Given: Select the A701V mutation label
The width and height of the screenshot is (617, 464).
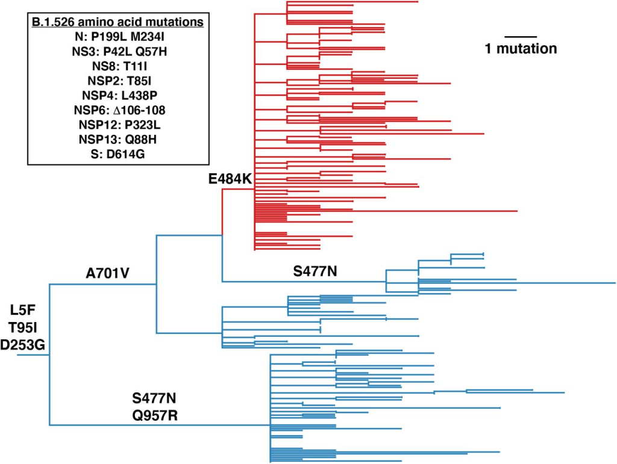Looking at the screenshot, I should click(x=108, y=274).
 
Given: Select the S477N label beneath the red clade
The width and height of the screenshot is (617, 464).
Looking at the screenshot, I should click(x=315, y=271).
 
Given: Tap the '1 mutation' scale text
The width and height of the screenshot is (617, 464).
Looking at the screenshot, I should click(x=521, y=49).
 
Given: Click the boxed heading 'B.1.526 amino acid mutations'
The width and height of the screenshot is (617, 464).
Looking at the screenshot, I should click(x=117, y=23).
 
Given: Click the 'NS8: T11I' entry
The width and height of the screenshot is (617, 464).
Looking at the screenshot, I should click(x=117, y=66).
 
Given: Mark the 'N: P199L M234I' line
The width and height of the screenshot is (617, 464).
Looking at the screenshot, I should click(x=117, y=37).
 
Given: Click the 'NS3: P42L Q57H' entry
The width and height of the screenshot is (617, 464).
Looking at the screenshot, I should click(x=117, y=52).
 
